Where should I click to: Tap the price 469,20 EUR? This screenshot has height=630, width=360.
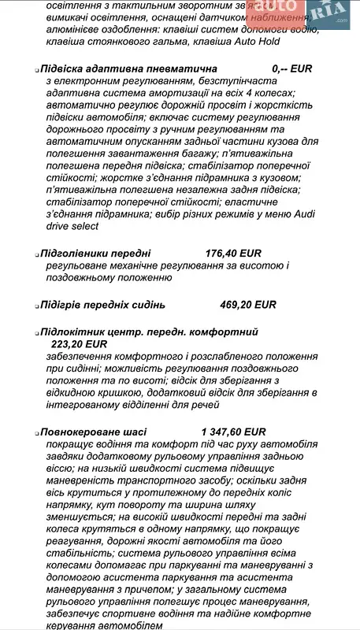point(247,305)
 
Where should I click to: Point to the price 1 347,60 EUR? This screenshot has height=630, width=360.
point(234,432)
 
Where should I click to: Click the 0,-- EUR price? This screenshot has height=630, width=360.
point(291,69)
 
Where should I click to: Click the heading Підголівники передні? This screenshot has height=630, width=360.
point(98,254)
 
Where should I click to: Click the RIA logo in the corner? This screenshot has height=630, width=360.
point(327,13)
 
